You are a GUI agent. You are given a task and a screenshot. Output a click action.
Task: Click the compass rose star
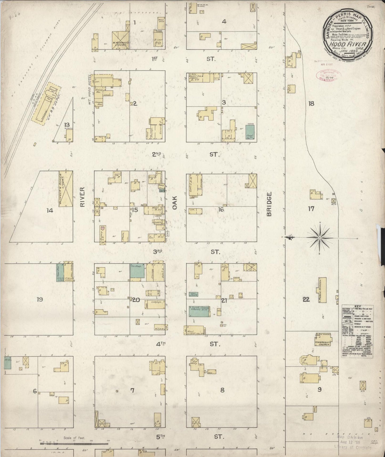pyautogui.click(x=319, y=237)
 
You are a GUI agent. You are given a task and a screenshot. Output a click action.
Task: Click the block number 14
pyautogui.click(x=50, y=211)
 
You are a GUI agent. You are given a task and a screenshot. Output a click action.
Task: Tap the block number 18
pyautogui.click(x=311, y=103)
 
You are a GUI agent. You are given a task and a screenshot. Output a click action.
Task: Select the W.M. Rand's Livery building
pyautogui.click(x=120, y=40)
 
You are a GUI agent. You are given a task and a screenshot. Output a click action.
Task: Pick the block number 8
pyautogui.click(x=222, y=390)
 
